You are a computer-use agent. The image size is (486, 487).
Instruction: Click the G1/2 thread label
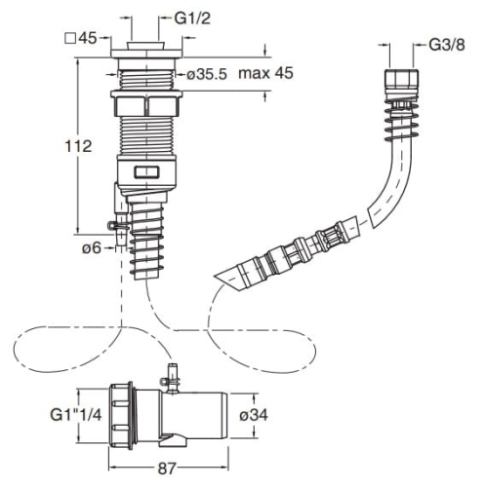tap(192, 19)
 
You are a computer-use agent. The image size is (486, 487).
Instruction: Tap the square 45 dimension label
tap(81, 38)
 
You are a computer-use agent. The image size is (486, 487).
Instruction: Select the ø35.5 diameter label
tap(207, 75)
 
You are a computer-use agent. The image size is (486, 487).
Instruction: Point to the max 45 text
tap(265, 73)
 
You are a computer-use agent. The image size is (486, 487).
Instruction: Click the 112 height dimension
tap(78, 146)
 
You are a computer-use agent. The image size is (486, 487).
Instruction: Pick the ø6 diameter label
tap(92, 248)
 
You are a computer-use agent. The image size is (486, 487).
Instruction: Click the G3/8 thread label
tap(447, 45)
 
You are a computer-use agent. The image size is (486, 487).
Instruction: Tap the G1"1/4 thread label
tap(76, 415)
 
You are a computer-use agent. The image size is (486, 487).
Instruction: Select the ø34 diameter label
tap(254, 415)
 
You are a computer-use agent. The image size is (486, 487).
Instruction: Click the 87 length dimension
tap(167, 468)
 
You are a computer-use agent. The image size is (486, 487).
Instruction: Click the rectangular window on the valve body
tap(146, 172)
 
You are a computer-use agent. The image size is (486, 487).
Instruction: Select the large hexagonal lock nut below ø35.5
tap(146, 103)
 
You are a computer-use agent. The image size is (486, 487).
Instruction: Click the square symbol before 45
tap(70, 39)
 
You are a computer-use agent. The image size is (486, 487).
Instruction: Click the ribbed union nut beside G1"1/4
tap(120, 416)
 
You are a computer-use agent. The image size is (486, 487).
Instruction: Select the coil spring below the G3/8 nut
tap(401, 120)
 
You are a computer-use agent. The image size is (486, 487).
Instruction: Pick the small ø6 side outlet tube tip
tap(121, 242)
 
